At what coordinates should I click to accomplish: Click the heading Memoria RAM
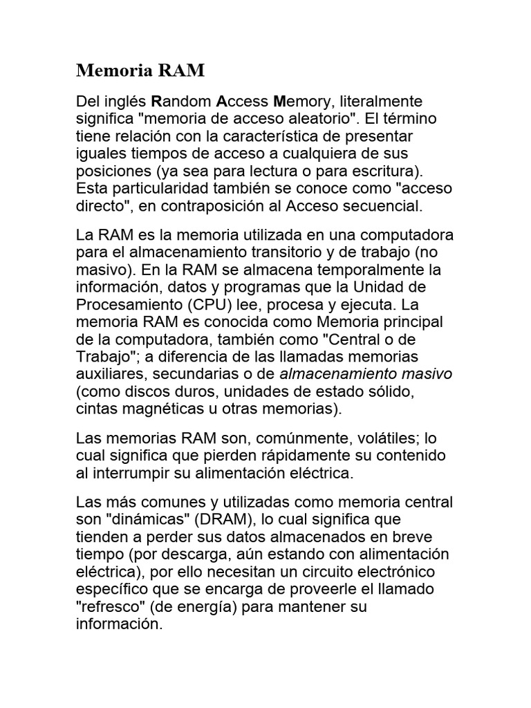(x=131, y=71)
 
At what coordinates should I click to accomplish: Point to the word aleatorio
(x=335, y=118)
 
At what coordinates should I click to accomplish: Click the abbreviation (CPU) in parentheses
(x=227, y=305)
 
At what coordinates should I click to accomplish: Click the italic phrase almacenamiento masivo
(x=366, y=374)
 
